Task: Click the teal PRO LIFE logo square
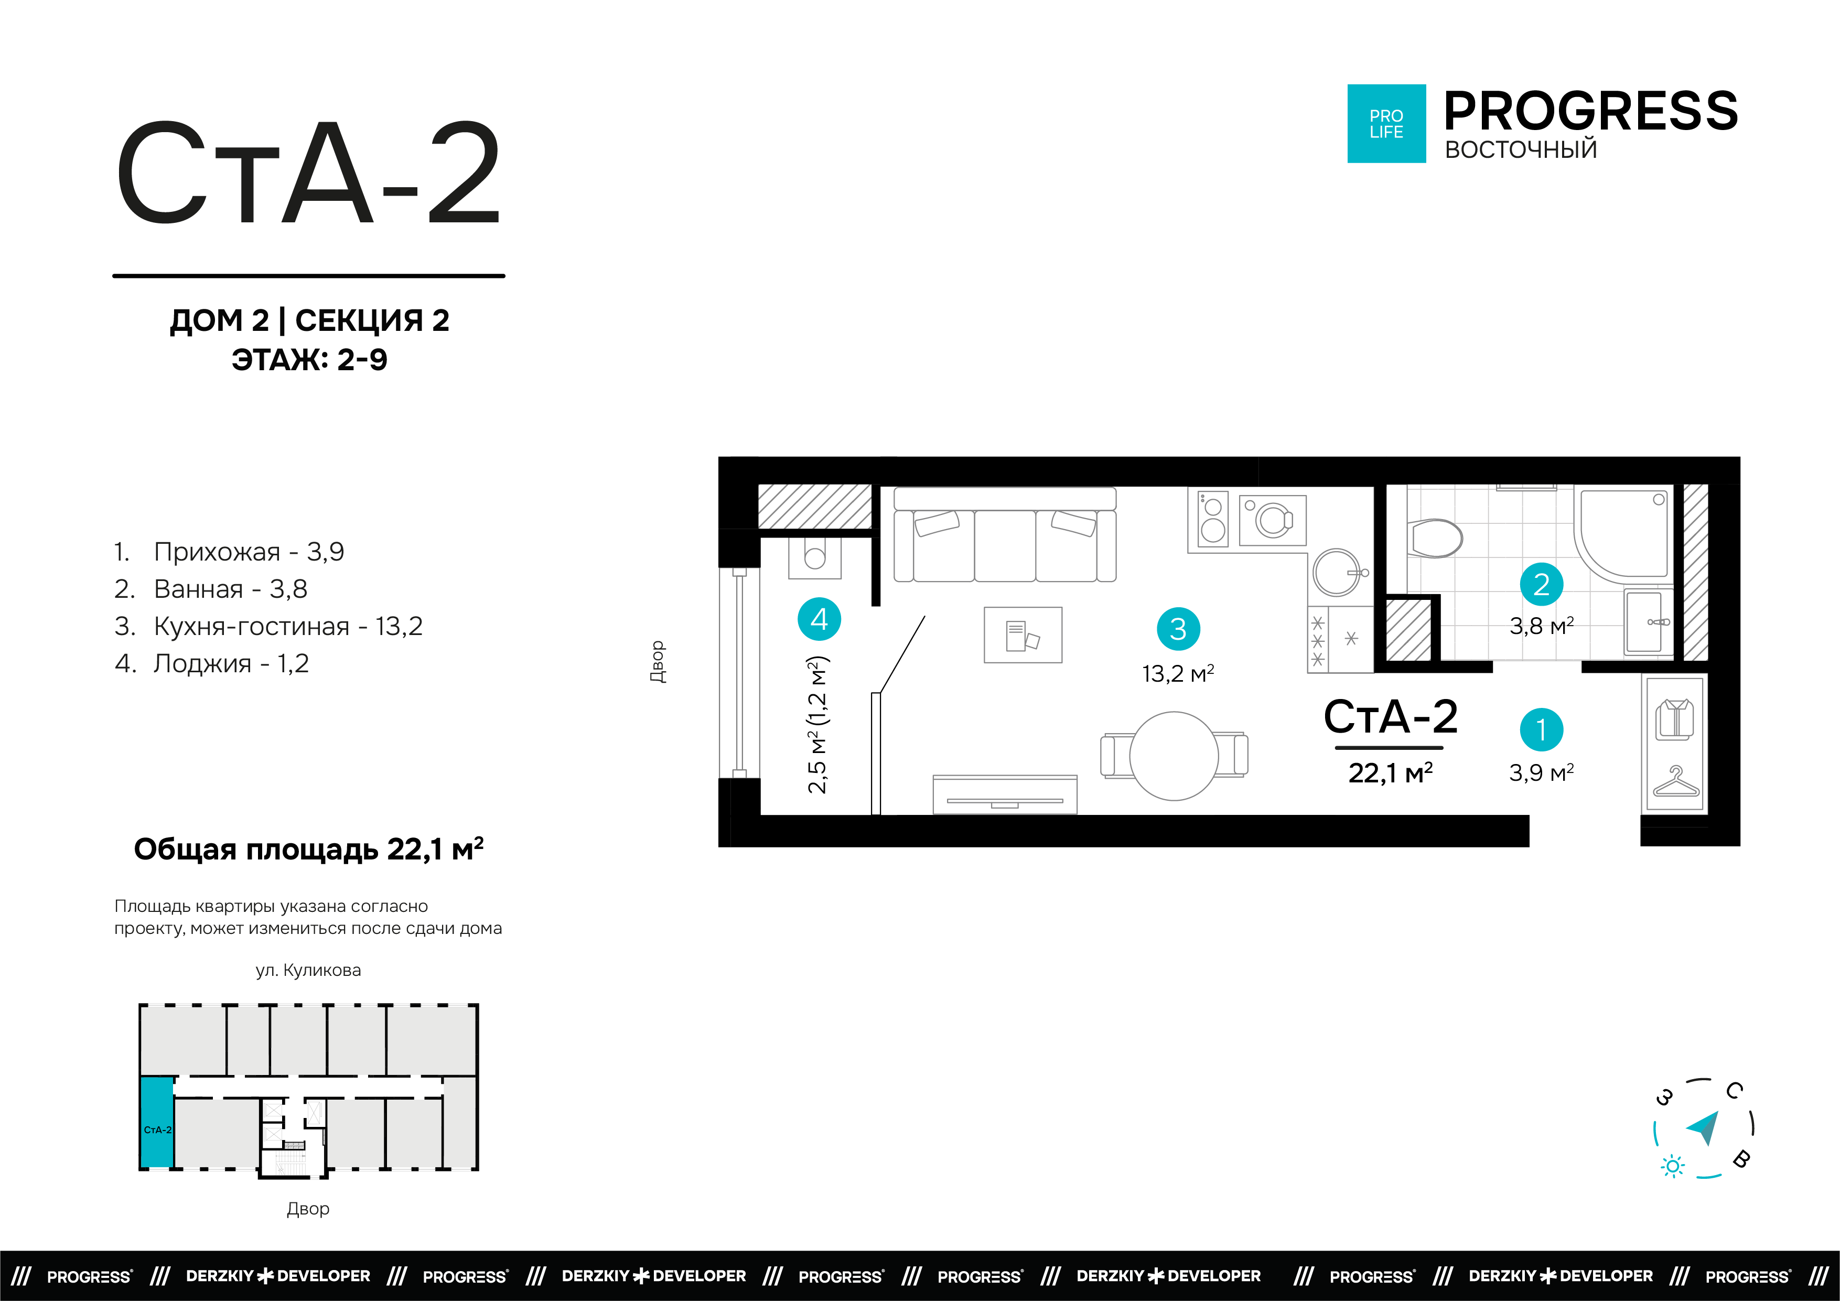point(1386,123)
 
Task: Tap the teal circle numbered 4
point(819,619)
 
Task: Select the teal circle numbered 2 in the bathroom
point(1541,584)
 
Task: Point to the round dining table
point(1174,756)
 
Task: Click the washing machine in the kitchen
point(1272,520)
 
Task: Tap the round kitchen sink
point(1337,572)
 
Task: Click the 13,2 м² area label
point(1177,673)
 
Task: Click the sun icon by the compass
point(1672,1166)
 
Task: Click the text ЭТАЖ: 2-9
point(309,359)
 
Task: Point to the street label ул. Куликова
point(308,970)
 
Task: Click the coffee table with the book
point(1023,635)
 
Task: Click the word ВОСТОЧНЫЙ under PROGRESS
point(1520,150)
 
